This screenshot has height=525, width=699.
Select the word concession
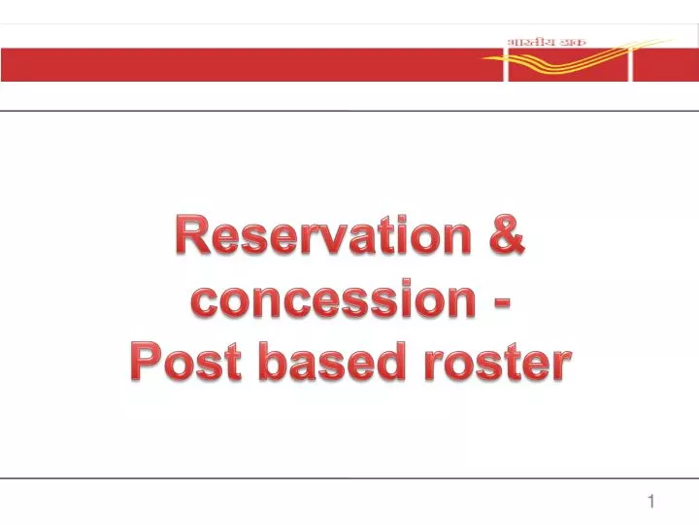click(329, 300)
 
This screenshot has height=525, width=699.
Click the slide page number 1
click(651, 502)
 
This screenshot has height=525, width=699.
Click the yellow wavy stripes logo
click(573, 60)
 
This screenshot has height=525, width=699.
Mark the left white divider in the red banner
click(505, 64)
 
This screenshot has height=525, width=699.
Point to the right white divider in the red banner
click(631, 64)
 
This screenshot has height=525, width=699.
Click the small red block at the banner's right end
click(665, 64)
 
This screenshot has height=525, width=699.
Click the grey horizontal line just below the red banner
click(349, 111)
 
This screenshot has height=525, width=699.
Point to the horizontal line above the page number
click(349, 477)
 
